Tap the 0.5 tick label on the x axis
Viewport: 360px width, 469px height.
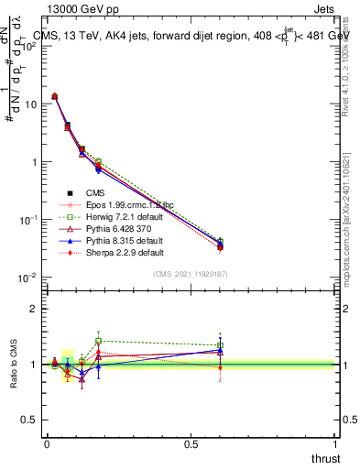pyautogui.click(x=191, y=444)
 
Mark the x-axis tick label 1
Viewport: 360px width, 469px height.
pyautogui.click(x=335, y=444)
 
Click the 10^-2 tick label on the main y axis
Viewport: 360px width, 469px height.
pyautogui.click(x=27, y=278)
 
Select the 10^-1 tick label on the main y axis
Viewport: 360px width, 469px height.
pyautogui.click(x=27, y=220)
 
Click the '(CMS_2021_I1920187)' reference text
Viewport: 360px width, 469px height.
pyautogui.click(x=191, y=273)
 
